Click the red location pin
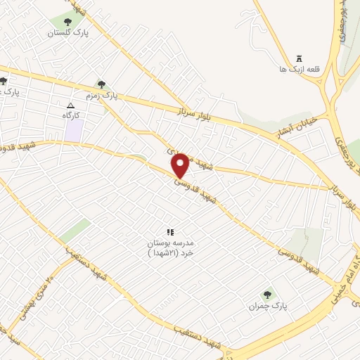(x=181, y=165)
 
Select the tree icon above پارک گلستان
(x=67, y=22)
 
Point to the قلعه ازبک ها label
(x=299, y=70)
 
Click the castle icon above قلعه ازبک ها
(x=299, y=58)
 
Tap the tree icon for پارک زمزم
(x=101, y=84)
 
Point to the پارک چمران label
(x=268, y=306)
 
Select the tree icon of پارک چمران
(x=267, y=295)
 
